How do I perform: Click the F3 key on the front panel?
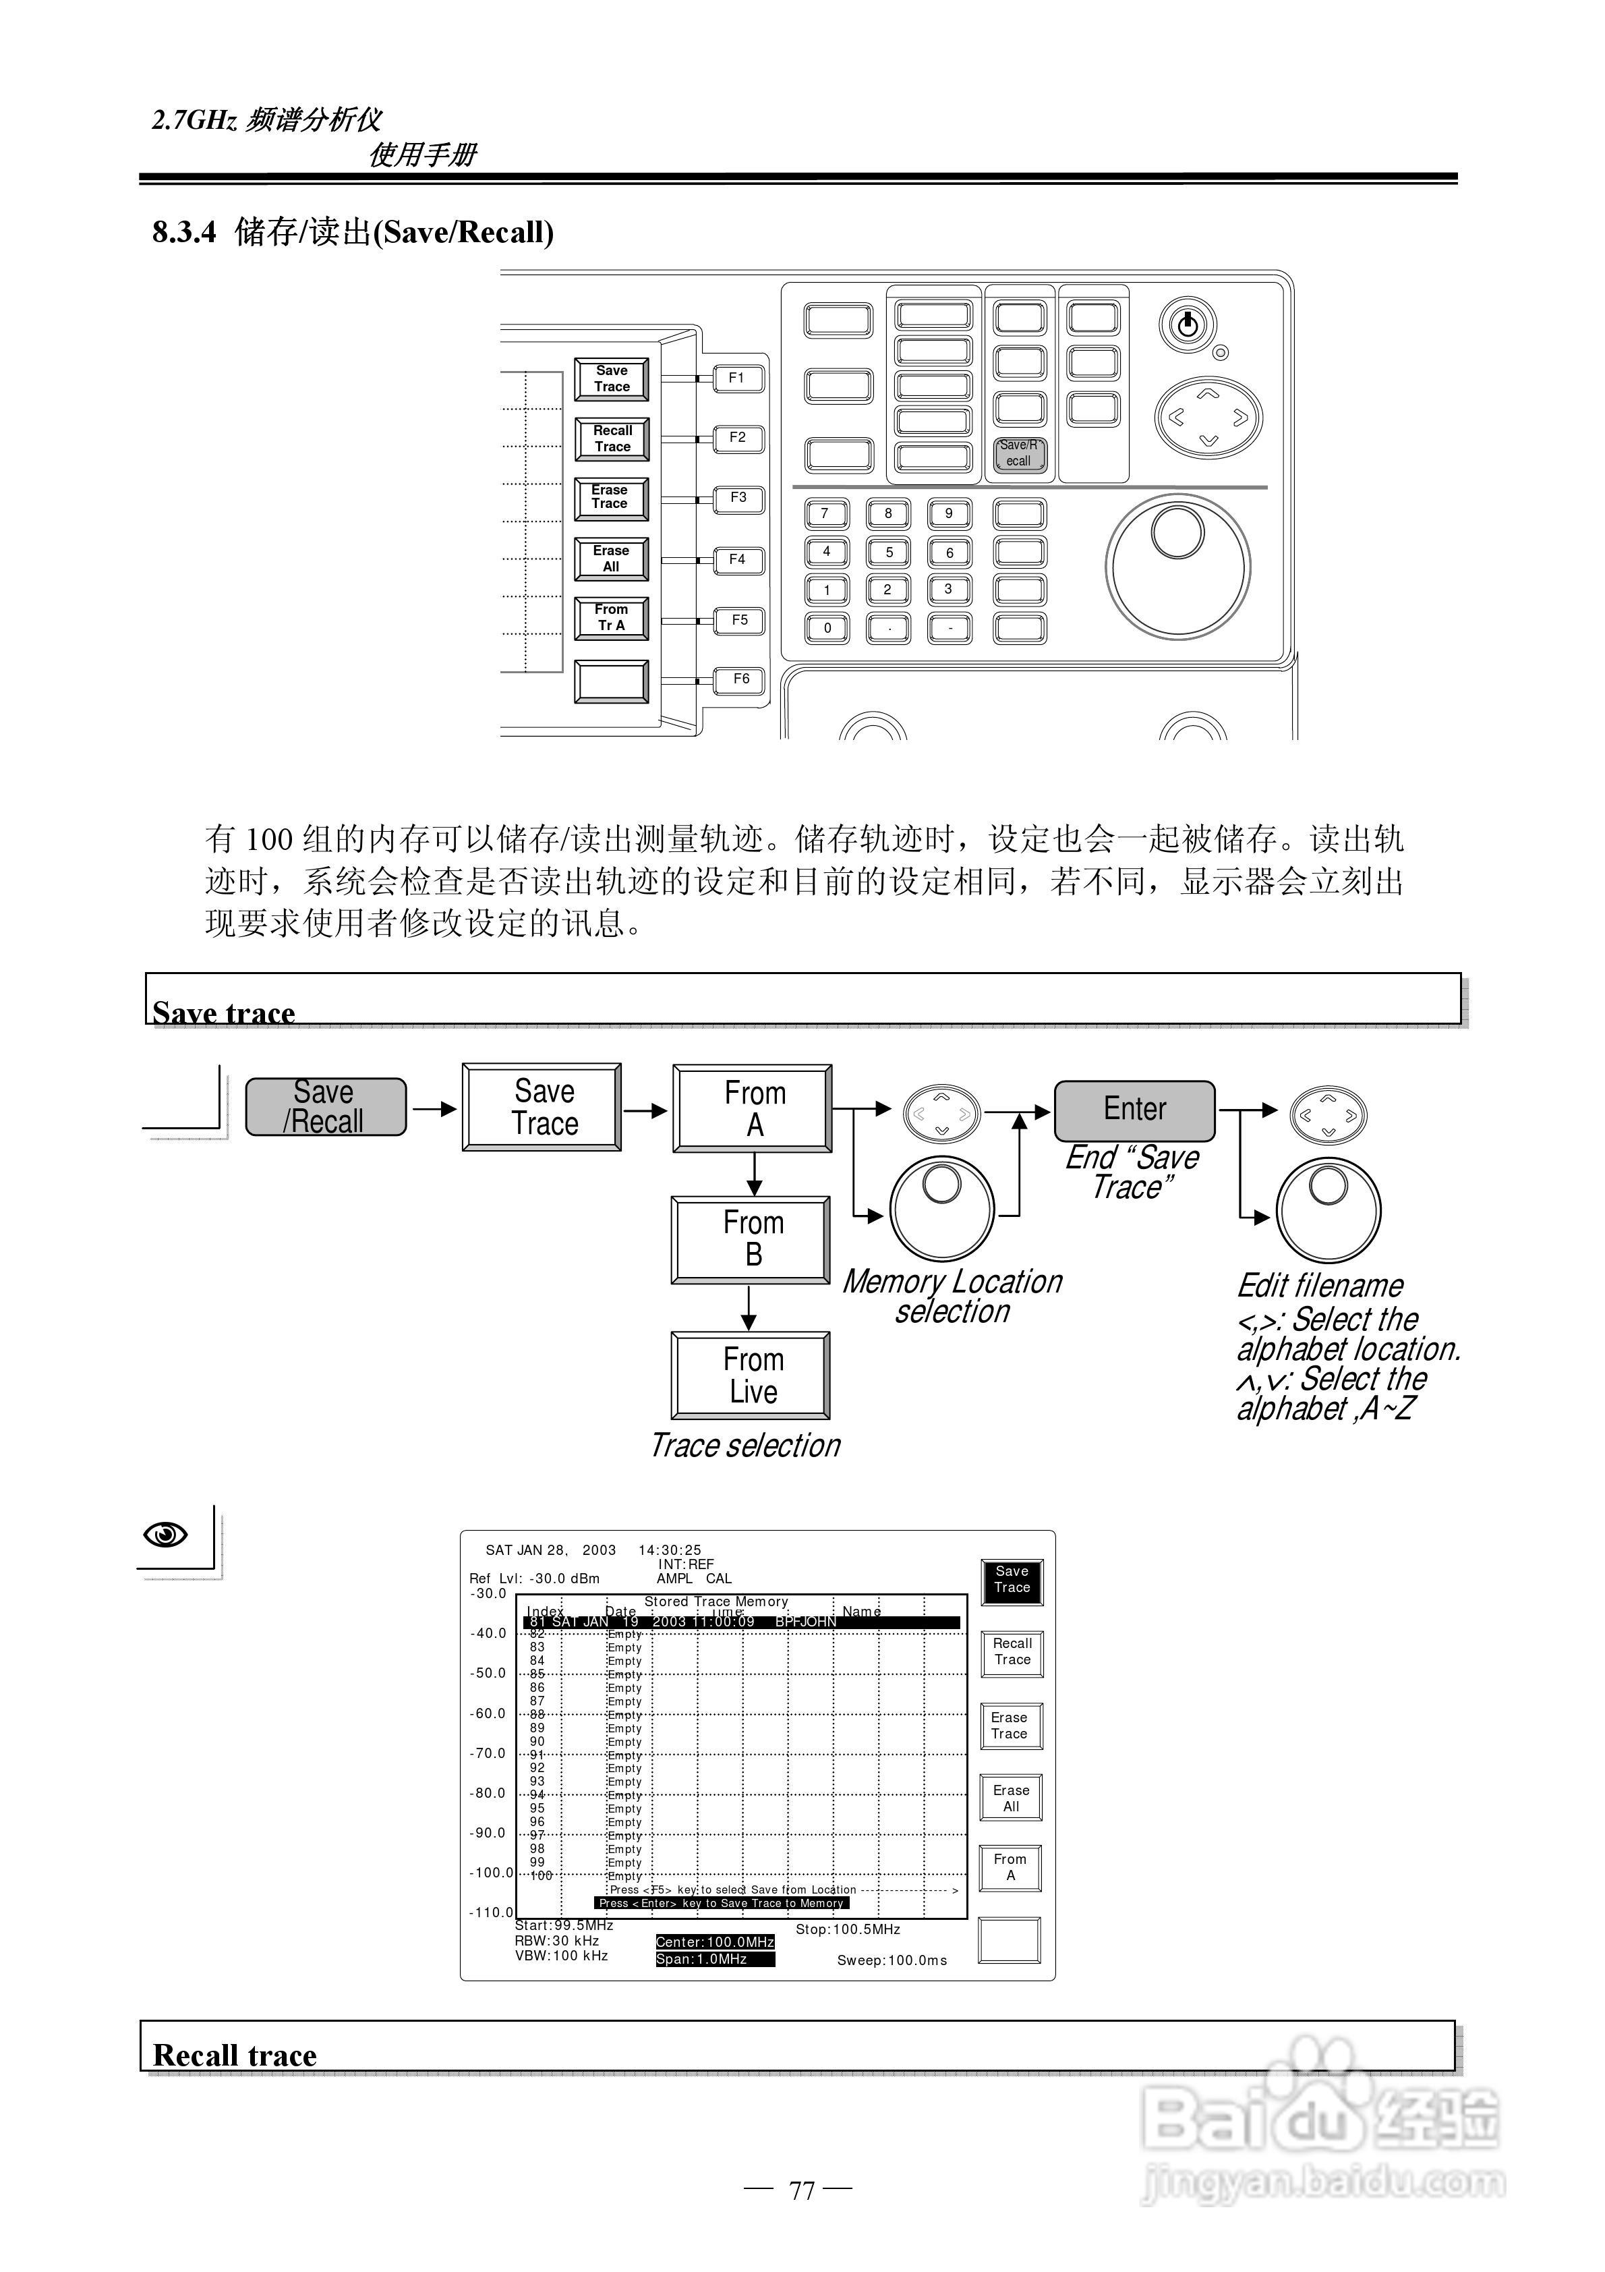(x=738, y=498)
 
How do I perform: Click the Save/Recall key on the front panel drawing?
(x=1019, y=453)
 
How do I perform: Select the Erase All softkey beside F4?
(x=612, y=559)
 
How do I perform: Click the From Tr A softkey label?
(x=612, y=619)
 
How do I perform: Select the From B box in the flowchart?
(x=752, y=1239)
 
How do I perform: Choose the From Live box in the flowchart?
(x=752, y=1375)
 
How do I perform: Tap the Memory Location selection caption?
(x=952, y=1297)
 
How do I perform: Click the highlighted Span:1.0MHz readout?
(x=714, y=1959)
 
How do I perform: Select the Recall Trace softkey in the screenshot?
(x=1012, y=1651)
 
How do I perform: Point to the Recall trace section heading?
(x=235, y=2056)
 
